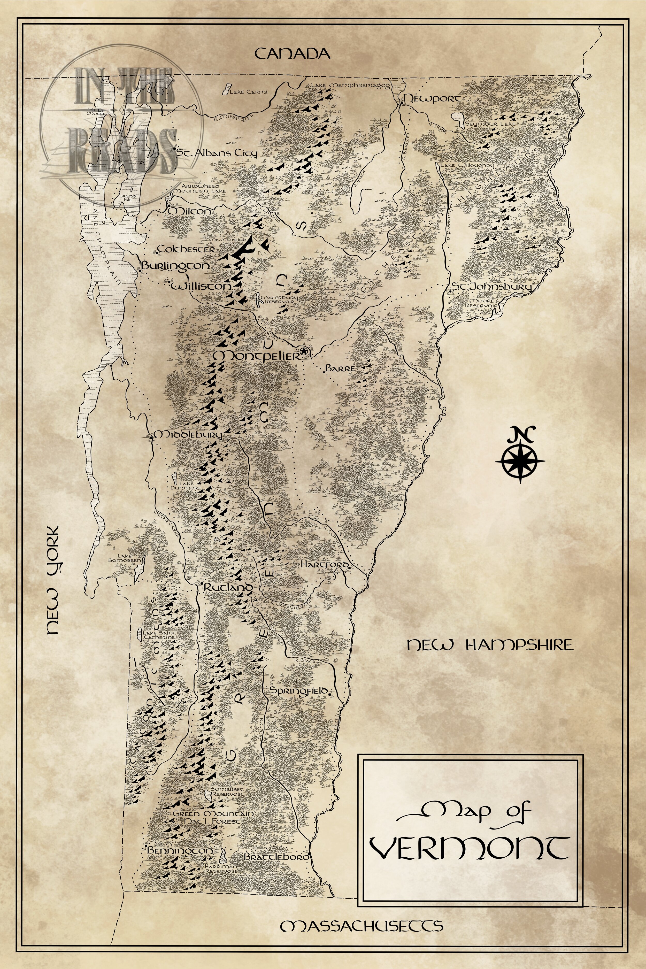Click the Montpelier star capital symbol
304,351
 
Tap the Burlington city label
175,266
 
